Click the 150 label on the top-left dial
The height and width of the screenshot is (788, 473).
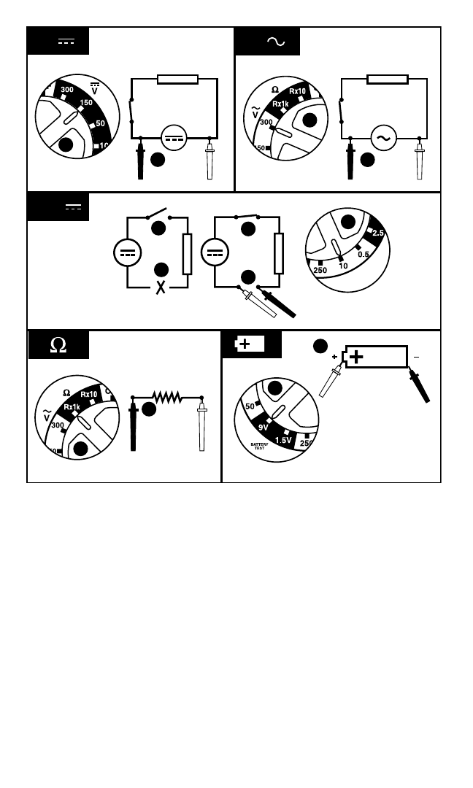(86, 103)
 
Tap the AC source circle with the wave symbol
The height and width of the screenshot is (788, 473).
(383, 138)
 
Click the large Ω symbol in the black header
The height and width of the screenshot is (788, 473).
(58, 345)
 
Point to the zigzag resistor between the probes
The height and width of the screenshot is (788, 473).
(166, 398)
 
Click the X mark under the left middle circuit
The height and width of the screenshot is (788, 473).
(161, 287)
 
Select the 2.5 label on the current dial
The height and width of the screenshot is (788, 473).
(378, 233)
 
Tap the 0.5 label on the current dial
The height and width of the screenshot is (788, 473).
(364, 254)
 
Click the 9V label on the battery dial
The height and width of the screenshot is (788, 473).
(264, 428)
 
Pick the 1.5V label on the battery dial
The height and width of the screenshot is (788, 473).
(283, 440)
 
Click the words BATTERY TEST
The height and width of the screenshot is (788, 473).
(260, 445)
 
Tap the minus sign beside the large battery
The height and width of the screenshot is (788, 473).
(417, 357)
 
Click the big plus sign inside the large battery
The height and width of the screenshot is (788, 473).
(356, 357)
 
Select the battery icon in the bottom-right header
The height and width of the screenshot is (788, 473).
(250, 344)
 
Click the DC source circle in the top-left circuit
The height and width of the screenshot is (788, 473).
(174, 137)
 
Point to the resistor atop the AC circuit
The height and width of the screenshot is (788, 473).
(388, 79)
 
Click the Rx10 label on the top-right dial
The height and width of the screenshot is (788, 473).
(298, 91)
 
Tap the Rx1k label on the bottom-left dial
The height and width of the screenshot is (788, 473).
(72, 407)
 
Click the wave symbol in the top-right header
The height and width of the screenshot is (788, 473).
(276, 42)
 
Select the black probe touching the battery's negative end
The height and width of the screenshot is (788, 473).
(420, 386)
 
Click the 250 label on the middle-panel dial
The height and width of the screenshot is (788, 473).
(320, 269)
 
